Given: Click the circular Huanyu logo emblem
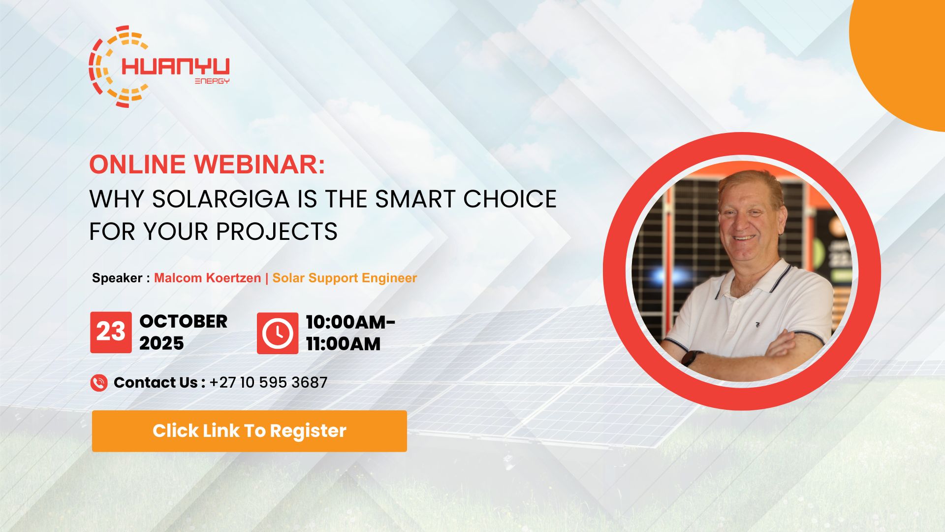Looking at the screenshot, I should [x=106, y=66].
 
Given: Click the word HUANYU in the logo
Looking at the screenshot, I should [x=175, y=67].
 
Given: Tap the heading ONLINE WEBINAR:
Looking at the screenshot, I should [x=207, y=165].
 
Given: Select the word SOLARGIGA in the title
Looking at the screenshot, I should [x=220, y=199].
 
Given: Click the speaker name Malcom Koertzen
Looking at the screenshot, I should [x=207, y=278].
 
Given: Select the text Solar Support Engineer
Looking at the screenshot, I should [x=345, y=278].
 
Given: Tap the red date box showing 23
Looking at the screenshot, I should [x=111, y=332].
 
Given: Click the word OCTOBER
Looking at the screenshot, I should [x=183, y=321].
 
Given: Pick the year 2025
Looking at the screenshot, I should [x=161, y=343].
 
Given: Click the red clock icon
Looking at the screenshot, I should [x=277, y=333].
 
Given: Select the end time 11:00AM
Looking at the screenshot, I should [x=343, y=344].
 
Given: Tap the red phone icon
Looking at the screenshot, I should [x=99, y=383].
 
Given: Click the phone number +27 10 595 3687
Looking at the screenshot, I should [x=268, y=383].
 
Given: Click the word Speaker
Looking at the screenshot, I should [x=117, y=278].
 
